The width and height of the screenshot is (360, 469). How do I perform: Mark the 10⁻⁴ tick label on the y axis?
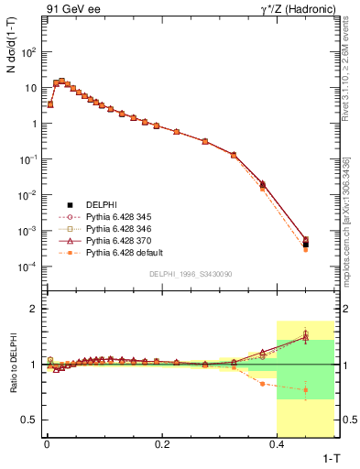coord(29,267)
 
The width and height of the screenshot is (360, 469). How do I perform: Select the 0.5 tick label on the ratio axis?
coord(29,420)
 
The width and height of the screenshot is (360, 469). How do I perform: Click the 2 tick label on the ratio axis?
coord(34,309)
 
